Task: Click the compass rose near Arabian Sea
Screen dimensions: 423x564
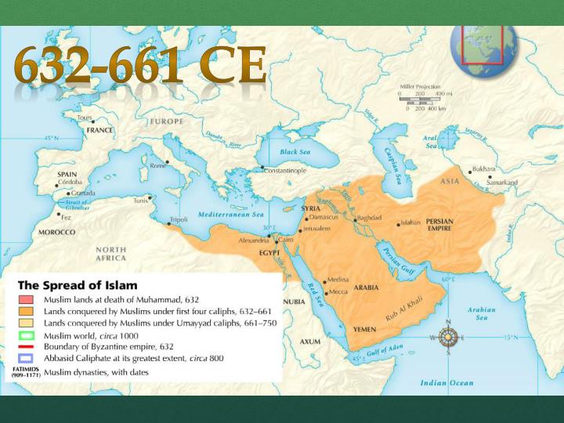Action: (448, 338)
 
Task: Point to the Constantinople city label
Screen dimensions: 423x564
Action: (289, 170)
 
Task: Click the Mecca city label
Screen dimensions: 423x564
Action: (338, 292)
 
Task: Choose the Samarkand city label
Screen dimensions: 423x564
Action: (502, 183)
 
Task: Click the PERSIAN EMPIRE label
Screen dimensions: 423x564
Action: (439, 225)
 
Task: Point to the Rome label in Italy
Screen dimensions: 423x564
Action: (157, 165)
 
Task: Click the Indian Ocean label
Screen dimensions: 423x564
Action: (446, 382)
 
